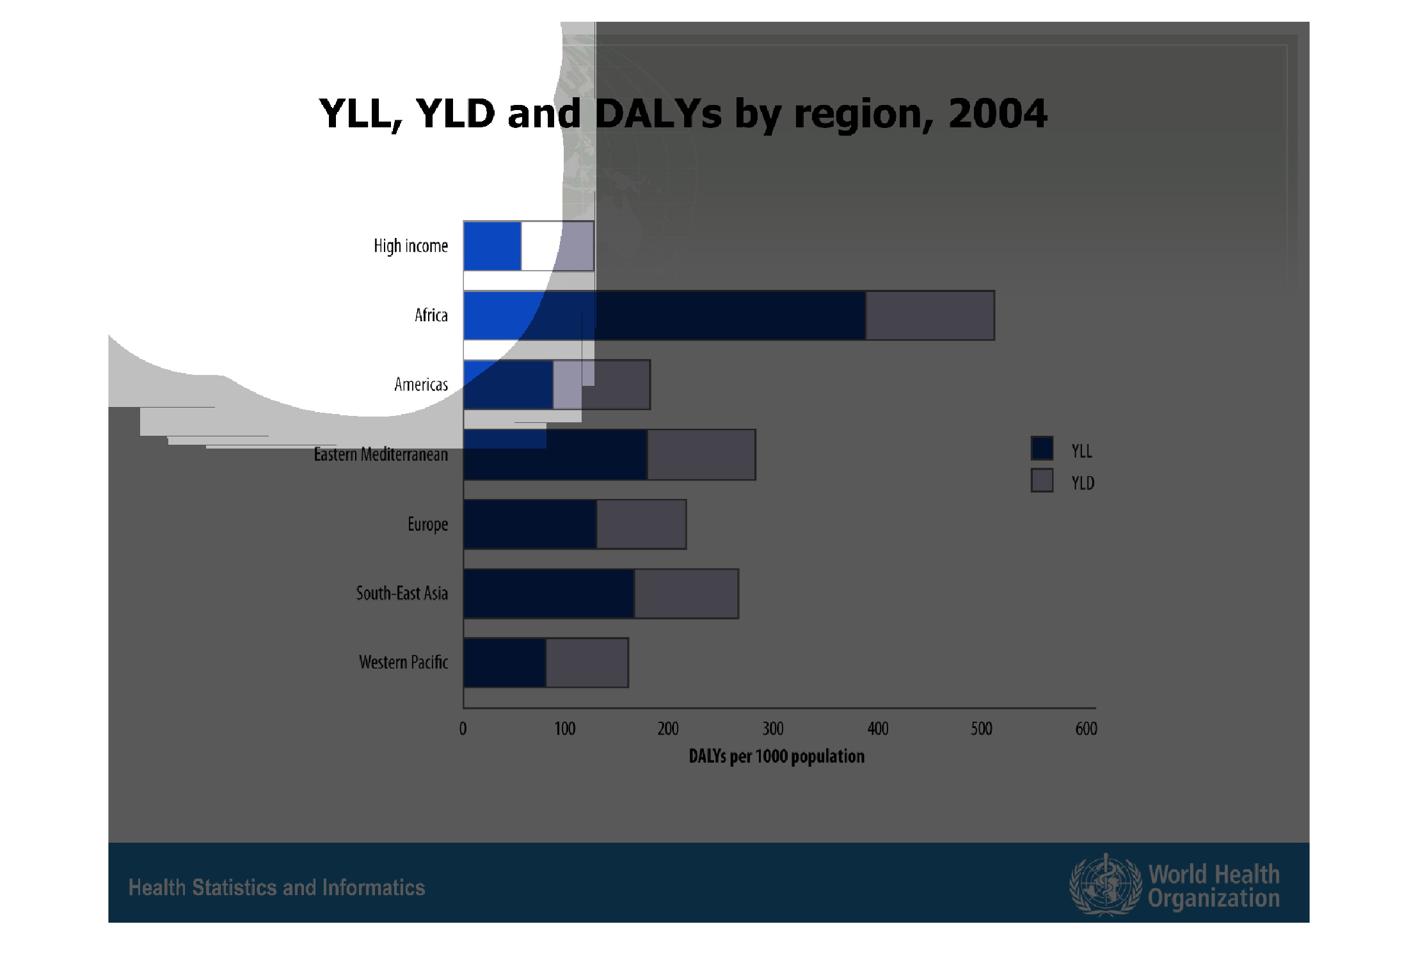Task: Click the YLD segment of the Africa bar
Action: (930, 315)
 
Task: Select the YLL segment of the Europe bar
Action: (530, 524)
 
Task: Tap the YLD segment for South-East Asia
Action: (686, 594)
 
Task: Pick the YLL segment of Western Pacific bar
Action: (505, 663)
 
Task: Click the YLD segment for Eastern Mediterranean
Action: (701, 454)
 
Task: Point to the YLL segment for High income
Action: (493, 246)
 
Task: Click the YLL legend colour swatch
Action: (1042, 448)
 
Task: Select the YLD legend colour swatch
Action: (1042, 480)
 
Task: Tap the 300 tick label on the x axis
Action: (773, 729)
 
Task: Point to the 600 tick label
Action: (1087, 729)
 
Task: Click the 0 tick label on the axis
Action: (463, 729)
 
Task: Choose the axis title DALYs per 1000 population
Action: (776, 756)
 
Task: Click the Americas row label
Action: (421, 385)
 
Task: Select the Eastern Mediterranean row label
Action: (381, 454)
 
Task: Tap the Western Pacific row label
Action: (403, 662)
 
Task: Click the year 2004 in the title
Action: (998, 114)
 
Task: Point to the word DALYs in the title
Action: (658, 114)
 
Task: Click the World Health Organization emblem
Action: (1105, 885)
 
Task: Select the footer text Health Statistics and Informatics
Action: (276, 887)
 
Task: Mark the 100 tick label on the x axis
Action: (565, 729)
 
